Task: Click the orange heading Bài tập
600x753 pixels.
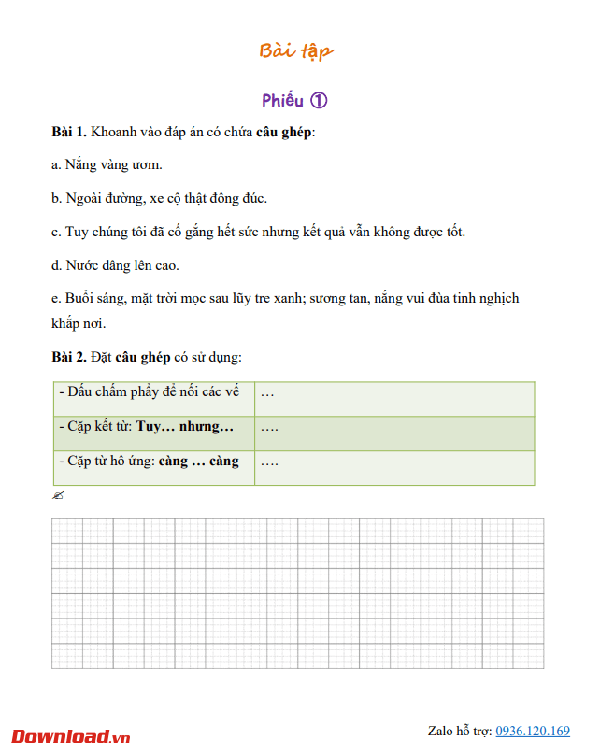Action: click(295, 50)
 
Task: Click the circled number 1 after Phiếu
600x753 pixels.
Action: click(318, 101)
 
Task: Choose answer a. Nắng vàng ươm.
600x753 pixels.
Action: click(107, 165)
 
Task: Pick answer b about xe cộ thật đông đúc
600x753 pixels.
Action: click(160, 199)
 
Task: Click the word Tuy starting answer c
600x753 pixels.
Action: click(77, 233)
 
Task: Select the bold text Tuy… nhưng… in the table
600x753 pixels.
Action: click(185, 426)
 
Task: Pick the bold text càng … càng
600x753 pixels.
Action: click(198, 462)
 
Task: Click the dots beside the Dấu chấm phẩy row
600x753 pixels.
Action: click(267, 393)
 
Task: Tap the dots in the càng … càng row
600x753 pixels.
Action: click(269, 462)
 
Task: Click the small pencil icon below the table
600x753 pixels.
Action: click(58, 496)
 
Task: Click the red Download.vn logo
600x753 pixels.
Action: click(71, 736)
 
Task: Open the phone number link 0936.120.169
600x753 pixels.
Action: click(532, 732)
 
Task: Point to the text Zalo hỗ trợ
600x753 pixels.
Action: click(459, 732)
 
